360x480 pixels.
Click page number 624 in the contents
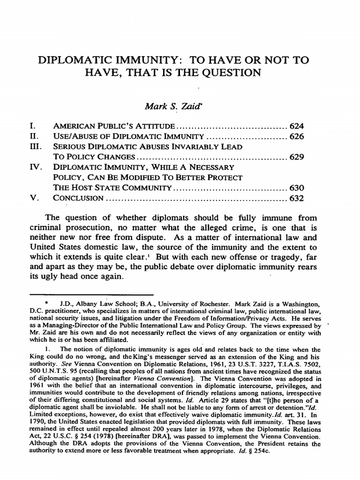point(296,127)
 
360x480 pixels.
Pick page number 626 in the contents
point(296,137)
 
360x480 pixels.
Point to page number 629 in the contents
point(296,157)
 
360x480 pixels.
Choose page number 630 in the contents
point(296,188)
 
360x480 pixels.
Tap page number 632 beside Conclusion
point(296,198)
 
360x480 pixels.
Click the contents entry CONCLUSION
point(78,198)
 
